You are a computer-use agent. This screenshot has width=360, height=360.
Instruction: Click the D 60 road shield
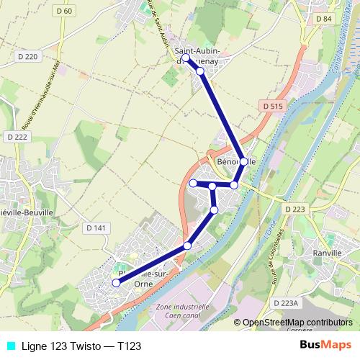[x=64, y=11]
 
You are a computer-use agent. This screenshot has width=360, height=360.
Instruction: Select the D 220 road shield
[x=28, y=56]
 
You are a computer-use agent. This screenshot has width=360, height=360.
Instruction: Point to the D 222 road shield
[x=16, y=137]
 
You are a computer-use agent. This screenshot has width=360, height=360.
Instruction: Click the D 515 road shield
[x=273, y=106]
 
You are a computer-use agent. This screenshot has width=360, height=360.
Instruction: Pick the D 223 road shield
[x=295, y=209]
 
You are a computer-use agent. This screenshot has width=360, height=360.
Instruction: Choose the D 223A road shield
[x=285, y=303]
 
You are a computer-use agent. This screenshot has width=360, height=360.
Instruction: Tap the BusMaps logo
[x=330, y=345]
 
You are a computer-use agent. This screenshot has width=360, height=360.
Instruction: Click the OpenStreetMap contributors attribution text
[x=297, y=322]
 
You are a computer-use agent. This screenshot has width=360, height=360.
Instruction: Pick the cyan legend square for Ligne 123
[x=9, y=346]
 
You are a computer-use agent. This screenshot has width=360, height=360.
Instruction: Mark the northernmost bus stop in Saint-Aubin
[x=186, y=58]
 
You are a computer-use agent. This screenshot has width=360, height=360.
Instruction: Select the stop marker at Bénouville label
[x=243, y=162]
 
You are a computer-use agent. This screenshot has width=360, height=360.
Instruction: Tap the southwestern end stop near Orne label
[x=115, y=283]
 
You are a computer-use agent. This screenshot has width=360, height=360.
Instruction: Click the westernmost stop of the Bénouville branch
[x=193, y=184]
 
